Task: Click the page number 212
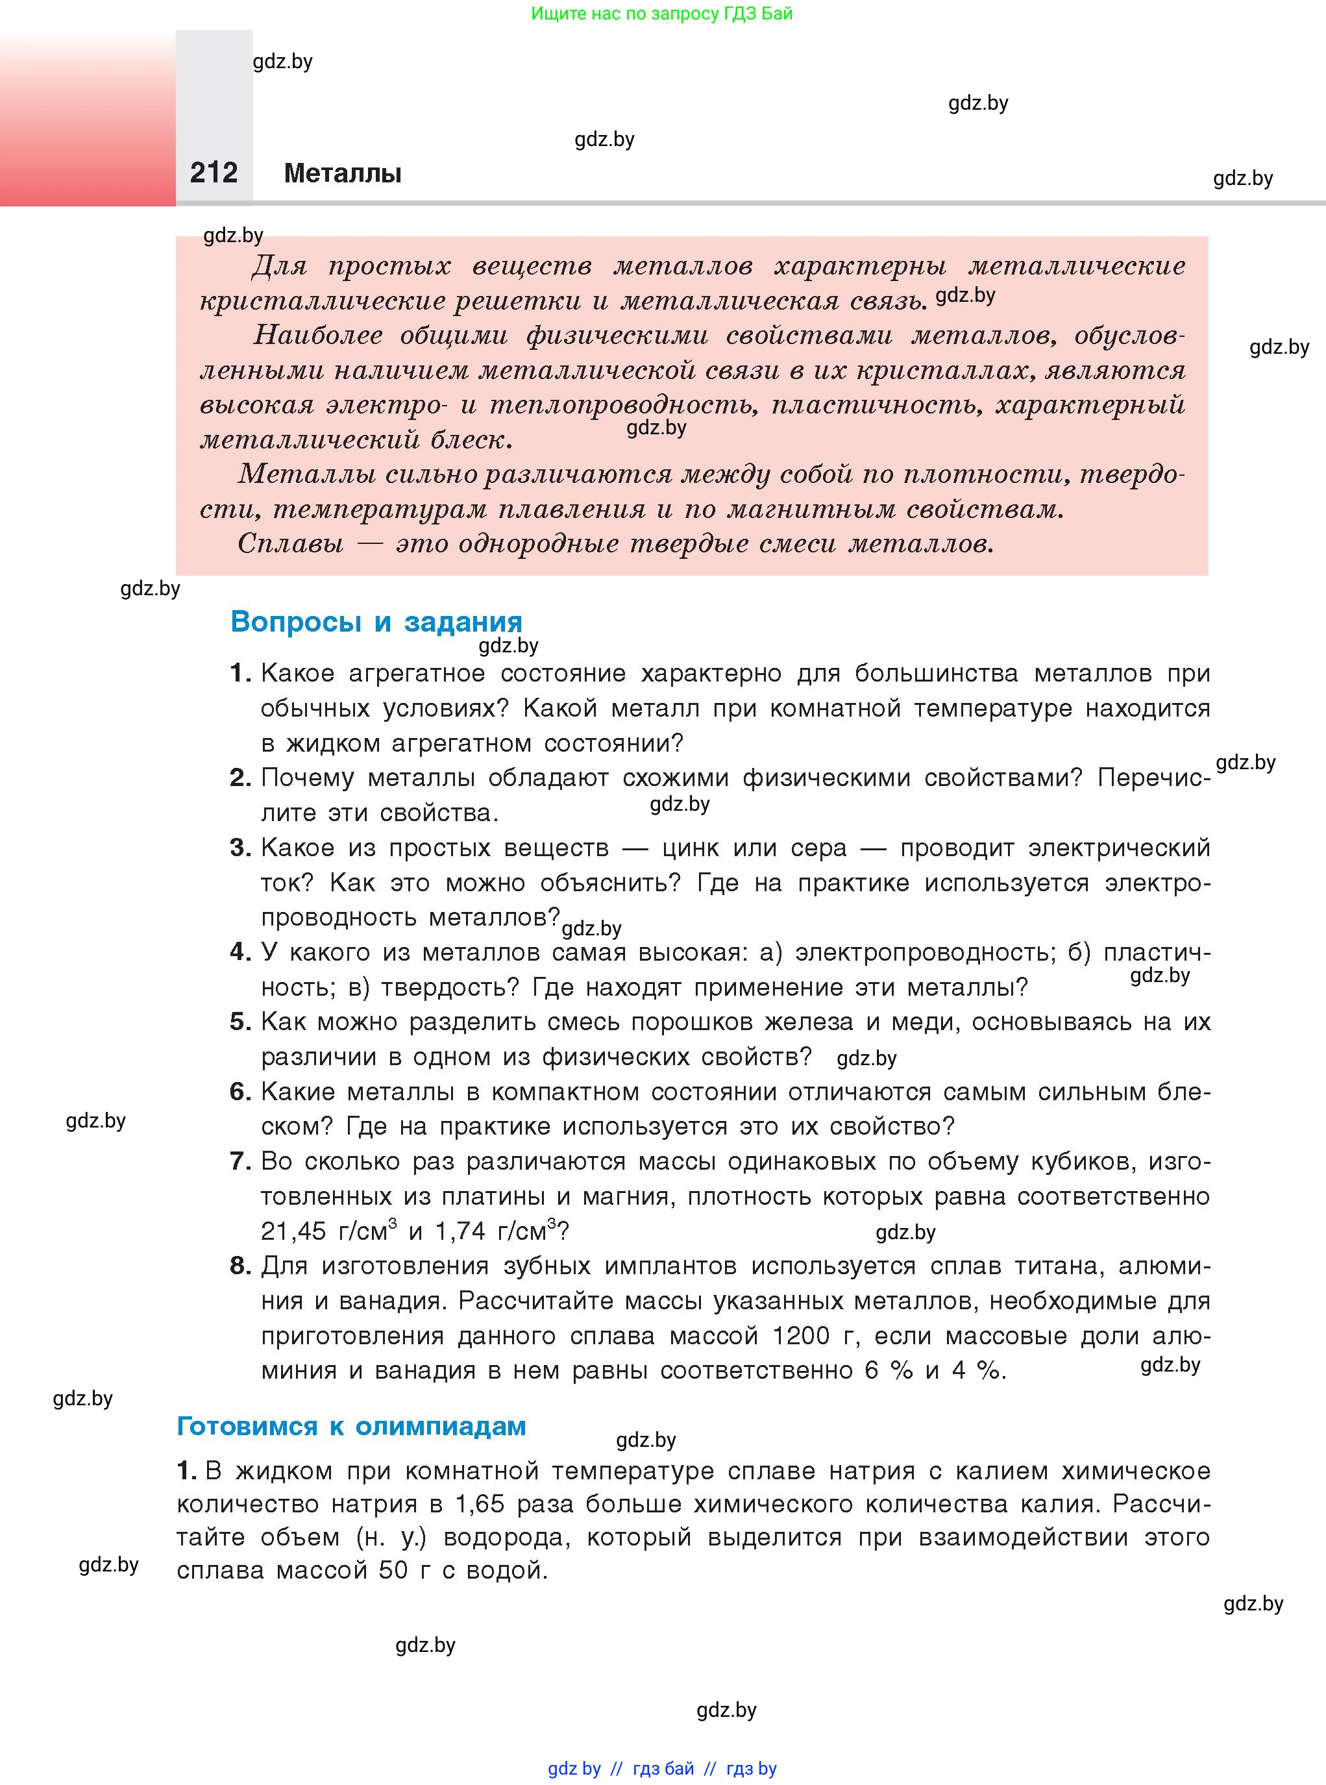(214, 173)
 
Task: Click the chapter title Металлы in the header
(343, 173)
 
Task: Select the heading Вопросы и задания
(376, 622)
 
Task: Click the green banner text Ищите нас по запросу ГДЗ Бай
(661, 14)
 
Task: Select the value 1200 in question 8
(800, 1336)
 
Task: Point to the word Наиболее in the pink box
(318, 335)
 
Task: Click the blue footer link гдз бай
(663, 1768)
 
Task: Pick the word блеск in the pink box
(469, 440)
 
